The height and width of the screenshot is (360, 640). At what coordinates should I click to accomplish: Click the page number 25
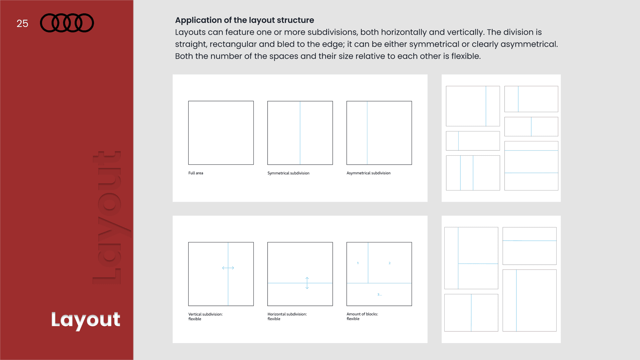[x=22, y=23]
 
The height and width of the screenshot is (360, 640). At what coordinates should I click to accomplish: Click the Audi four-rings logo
[x=67, y=23]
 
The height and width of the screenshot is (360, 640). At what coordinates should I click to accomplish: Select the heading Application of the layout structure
[x=244, y=20]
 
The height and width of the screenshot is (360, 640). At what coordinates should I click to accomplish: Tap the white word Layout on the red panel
[x=86, y=320]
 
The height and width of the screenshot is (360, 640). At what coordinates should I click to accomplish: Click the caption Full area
[x=196, y=173]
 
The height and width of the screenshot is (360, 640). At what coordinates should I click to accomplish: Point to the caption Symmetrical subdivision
[x=288, y=173]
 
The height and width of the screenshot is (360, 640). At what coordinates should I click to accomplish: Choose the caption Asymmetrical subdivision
[x=368, y=173]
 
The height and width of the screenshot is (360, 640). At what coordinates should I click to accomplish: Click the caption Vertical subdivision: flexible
[x=205, y=316]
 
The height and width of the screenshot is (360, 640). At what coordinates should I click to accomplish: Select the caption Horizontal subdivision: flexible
[x=287, y=316]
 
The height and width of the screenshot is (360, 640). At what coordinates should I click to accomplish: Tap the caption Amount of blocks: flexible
[x=362, y=316]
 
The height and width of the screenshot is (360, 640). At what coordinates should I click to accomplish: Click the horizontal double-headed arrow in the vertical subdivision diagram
[x=228, y=268]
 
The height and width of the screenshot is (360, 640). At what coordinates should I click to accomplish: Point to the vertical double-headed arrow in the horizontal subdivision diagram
[x=307, y=283]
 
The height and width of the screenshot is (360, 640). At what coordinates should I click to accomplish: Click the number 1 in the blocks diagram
[x=358, y=263]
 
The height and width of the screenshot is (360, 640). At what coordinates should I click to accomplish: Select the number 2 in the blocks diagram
[x=389, y=263]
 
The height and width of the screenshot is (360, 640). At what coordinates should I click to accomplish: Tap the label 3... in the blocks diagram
[x=379, y=294]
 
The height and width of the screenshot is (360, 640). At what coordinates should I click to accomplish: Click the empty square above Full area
[x=221, y=133]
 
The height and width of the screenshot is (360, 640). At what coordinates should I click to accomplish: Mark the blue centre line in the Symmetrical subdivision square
[x=300, y=133]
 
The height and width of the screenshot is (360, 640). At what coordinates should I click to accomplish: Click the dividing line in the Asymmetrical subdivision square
[x=367, y=133]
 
